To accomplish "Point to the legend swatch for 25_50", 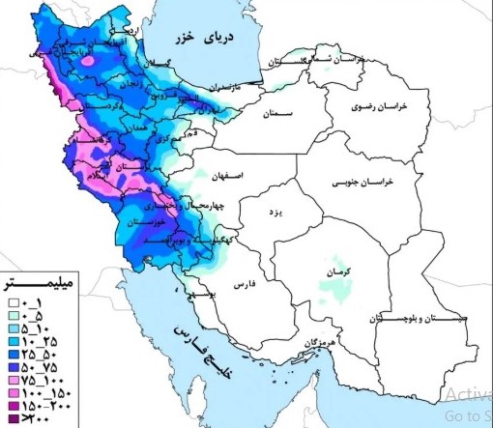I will pos(12,355).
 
